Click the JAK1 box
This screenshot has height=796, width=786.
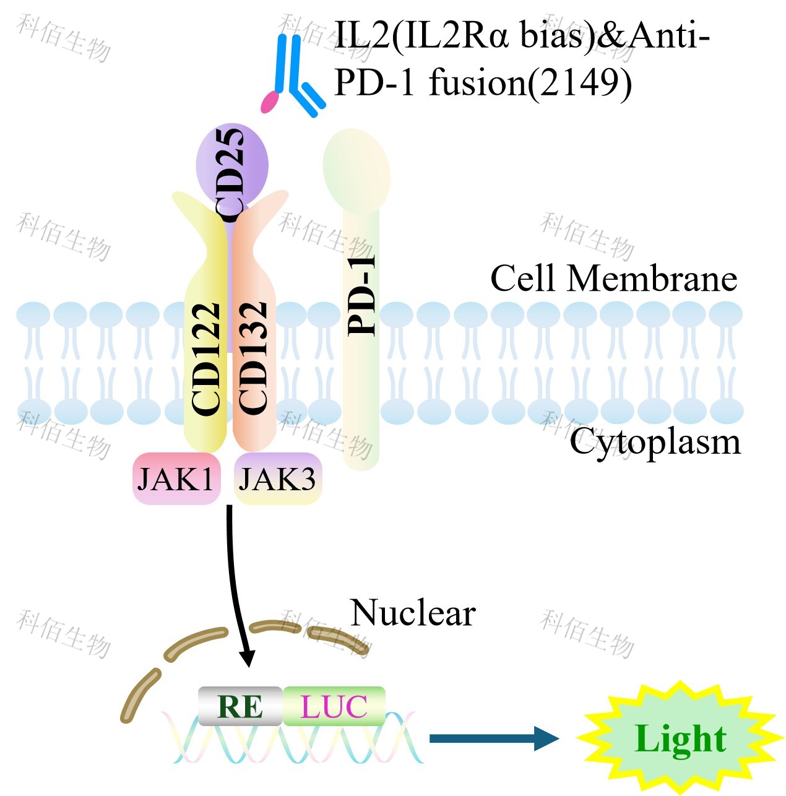pos(176,478)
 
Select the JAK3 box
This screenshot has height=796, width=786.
pos(277,478)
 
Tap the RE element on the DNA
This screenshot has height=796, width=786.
pos(240,706)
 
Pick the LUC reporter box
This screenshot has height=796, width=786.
pos(334,706)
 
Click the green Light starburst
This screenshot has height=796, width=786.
pos(680,738)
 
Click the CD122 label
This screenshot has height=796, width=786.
pos(207,358)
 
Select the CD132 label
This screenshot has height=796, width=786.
pos(253,358)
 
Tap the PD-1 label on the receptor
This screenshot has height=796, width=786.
pos(362,295)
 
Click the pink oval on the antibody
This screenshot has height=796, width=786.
pos(270,102)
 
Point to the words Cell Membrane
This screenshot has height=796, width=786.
pos(613,279)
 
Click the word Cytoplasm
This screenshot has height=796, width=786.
pos(655,441)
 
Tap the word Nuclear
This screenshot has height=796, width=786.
pos(413,613)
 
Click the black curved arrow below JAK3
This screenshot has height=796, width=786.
pos(238,588)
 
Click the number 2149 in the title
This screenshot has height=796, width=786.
pos(579,82)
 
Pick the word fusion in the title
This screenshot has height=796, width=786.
pos(477,82)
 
